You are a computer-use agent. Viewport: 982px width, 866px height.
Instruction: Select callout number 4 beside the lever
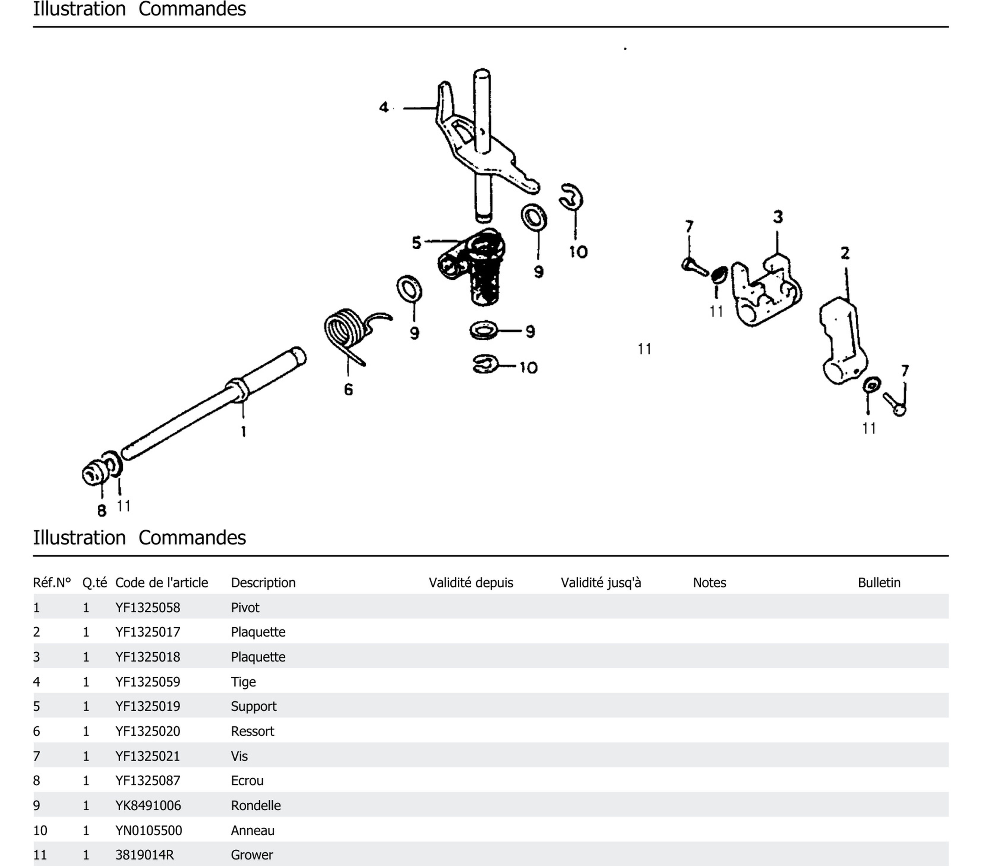pyautogui.click(x=383, y=107)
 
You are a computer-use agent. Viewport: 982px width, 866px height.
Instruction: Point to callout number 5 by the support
pyautogui.click(x=416, y=243)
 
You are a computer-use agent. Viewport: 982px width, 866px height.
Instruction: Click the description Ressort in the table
pyautogui.click(x=252, y=731)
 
